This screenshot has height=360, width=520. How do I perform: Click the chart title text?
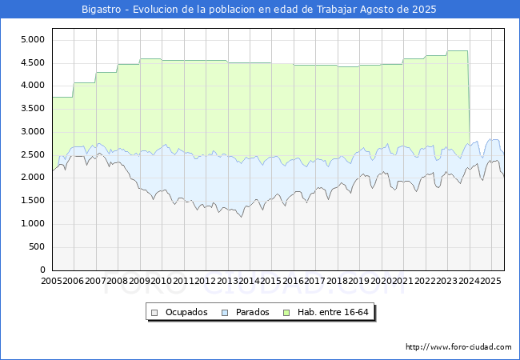click(260, 10)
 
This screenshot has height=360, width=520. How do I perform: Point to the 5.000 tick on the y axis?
click(33, 39)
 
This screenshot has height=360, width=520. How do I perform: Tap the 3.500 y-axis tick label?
click(33, 109)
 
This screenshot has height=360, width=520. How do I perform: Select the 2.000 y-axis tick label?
click(33, 178)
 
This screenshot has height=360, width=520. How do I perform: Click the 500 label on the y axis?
click(38, 247)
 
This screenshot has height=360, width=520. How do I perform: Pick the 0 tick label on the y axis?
click(43, 270)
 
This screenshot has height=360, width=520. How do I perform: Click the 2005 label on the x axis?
click(52, 282)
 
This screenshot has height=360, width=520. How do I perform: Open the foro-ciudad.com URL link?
click(458, 347)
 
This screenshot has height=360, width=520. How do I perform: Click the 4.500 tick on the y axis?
click(33, 62)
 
